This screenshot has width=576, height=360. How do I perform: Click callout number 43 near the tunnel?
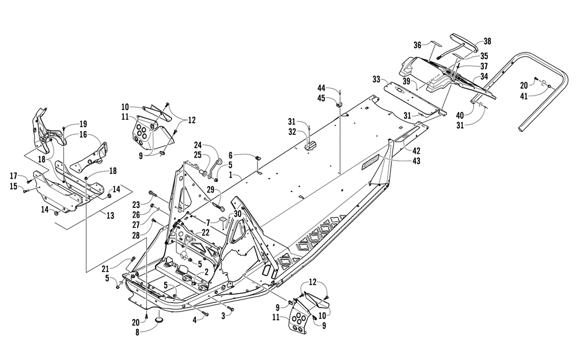(x=416, y=161)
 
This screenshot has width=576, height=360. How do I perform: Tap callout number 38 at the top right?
(x=487, y=41)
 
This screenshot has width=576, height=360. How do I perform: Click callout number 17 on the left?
(x=13, y=175)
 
